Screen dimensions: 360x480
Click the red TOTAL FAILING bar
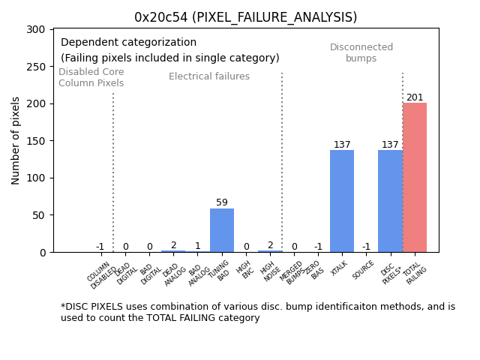pos(415,178)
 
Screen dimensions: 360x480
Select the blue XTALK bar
pos(342,201)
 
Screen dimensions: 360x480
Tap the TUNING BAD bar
pos(222,230)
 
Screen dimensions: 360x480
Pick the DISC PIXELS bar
pos(390,201)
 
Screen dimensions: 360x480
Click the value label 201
pos(415,97)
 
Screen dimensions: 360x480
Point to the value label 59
pos(222,202)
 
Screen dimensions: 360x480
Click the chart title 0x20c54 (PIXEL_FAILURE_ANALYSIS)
pos(246,17)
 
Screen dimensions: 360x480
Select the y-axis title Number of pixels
pos(16,140)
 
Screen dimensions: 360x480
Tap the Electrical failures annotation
pos(209,76)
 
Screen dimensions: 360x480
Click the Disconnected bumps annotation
pos(361,52)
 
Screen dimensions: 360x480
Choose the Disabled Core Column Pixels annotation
pos(91,77)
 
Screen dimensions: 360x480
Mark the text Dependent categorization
pos(128,43)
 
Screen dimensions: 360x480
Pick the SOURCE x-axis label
pos(364,269)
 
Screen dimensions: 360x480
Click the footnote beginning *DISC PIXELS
pos(258,312)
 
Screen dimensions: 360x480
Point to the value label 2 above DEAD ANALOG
pos(173,245)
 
